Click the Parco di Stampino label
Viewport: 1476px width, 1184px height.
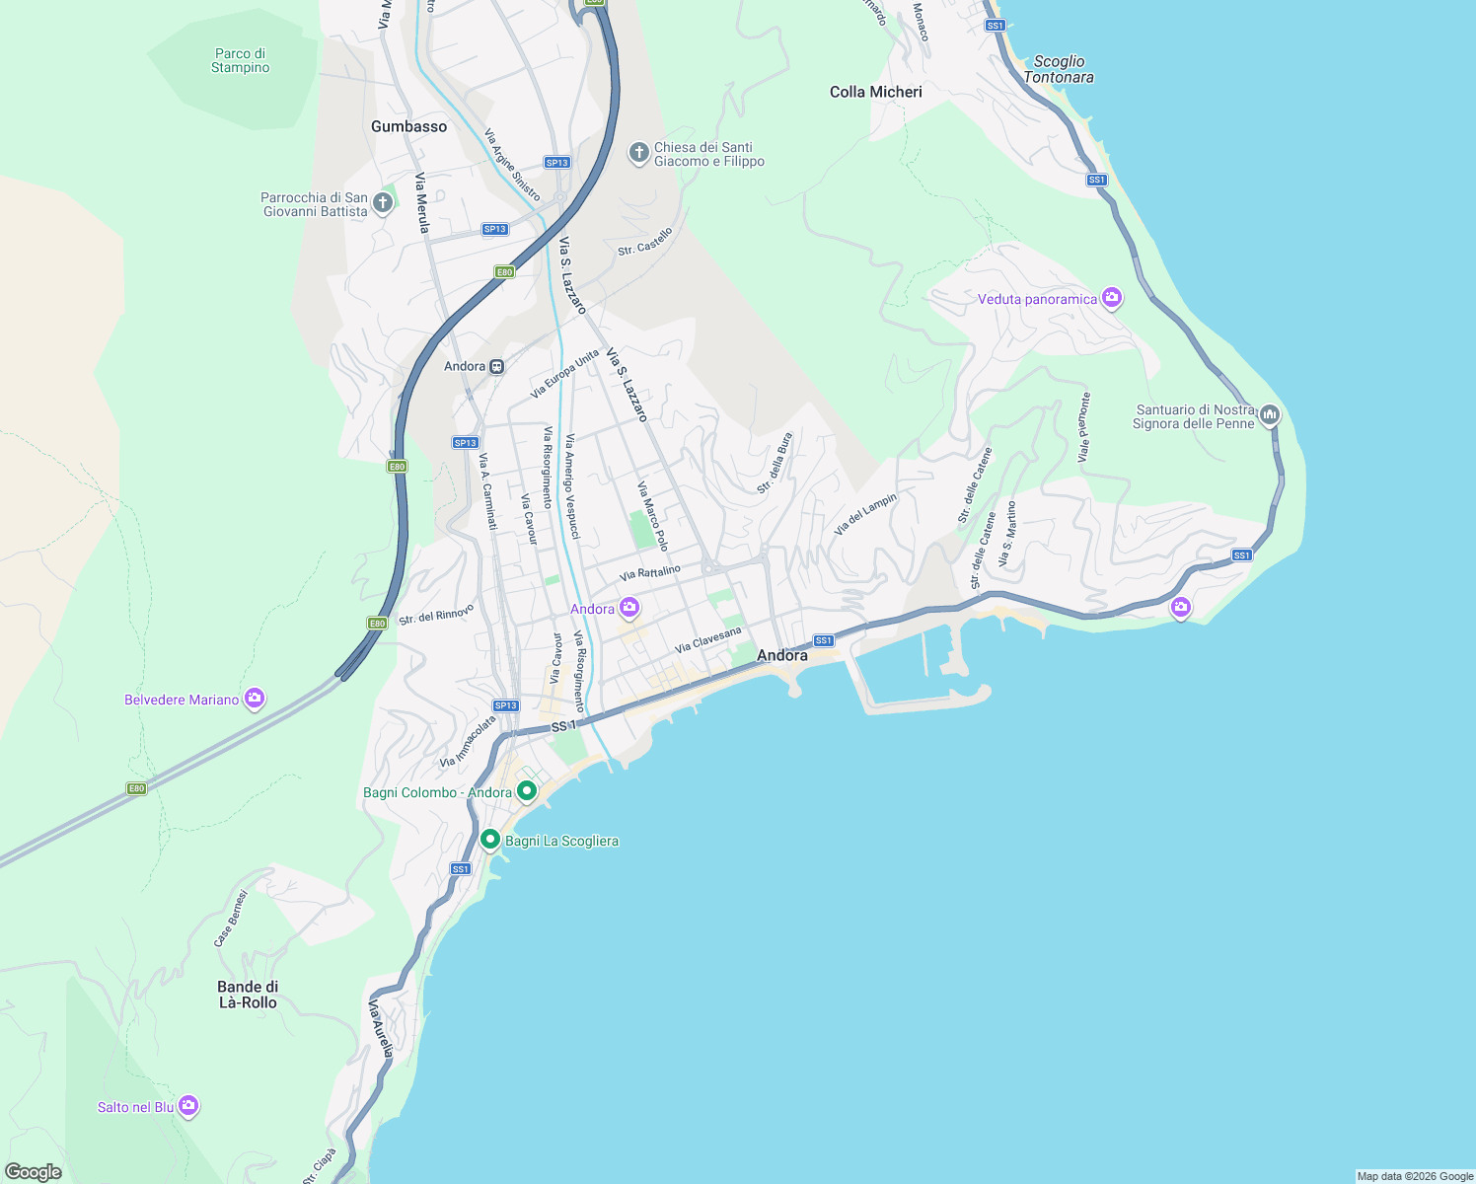(x=241, y=61)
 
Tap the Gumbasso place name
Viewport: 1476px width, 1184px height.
(x=408, y=126)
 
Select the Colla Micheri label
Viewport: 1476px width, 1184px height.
(x=875, y=92)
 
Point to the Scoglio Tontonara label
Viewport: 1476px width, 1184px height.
(x=1059, y=69)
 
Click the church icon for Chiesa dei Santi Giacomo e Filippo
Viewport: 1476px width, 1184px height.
(x=638, y=153)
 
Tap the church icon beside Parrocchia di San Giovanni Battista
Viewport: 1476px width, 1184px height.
(x=383, y=203)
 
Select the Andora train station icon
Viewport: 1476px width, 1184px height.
(x=497, y=366)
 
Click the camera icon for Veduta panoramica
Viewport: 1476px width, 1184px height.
(x=1112, y=297)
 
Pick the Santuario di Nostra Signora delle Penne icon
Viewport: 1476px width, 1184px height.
(x=1270, y=414)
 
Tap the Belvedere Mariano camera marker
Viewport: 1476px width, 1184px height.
(x=255, y=699)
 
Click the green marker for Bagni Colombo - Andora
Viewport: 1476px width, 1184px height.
(x=527, y=790)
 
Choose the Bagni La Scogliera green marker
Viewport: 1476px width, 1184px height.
(x=489, y=840)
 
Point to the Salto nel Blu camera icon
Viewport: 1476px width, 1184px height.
(x=188, y=1106)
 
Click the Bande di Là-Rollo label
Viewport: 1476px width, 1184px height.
(x=248, y=995)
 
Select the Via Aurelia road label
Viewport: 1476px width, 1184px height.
(x=380, y=1029)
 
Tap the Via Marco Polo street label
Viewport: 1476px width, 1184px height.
(x=652, y=516)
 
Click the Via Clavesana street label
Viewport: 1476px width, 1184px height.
(x=707, y=639)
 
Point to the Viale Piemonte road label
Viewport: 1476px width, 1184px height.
(x=1083, y=427)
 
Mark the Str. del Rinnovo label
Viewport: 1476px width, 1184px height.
(x=436, y=614)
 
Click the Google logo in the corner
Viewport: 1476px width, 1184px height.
(x=34, y=1171)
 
